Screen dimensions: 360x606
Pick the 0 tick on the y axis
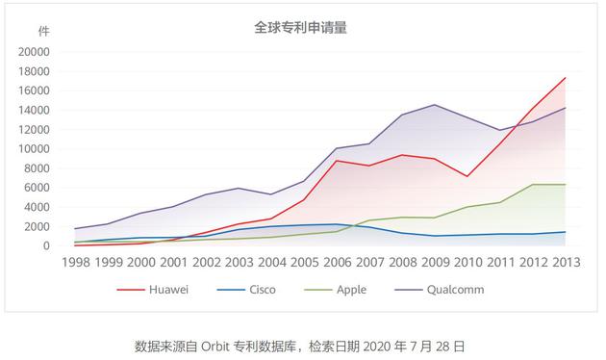[46, 245]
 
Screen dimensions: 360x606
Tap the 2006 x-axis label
[336, 261]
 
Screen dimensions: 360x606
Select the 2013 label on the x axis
[565, 261]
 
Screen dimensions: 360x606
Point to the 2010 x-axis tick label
[467, 261]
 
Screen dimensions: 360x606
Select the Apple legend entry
[353, 289]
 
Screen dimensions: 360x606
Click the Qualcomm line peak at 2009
[434, 105]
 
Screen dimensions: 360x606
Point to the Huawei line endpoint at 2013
[565, 78]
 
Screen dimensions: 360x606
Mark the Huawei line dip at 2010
[467, 176]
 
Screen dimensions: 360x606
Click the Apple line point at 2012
[532, 184]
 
